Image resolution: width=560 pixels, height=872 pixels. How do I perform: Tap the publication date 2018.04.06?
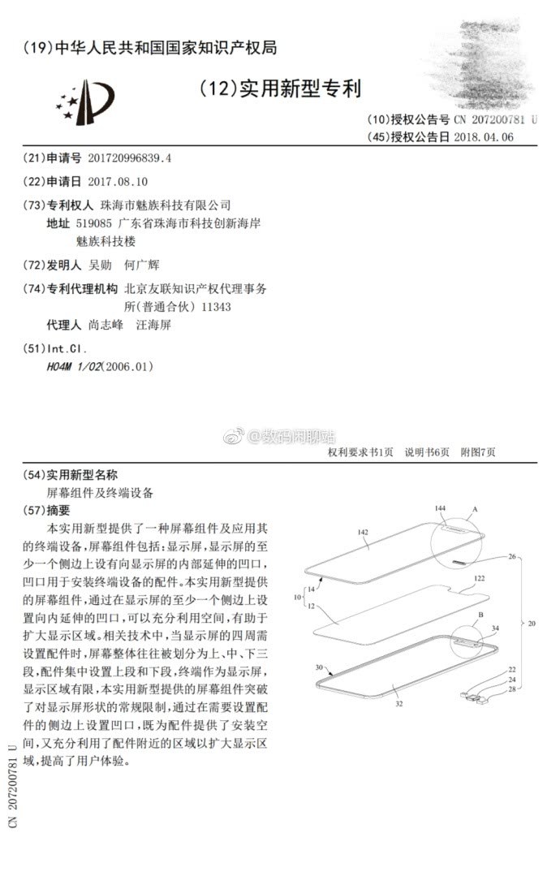pos(484,136)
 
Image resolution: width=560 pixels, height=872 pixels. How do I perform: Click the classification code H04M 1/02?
pos(75,366)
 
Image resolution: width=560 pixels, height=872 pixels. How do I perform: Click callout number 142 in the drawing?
pos(363,533)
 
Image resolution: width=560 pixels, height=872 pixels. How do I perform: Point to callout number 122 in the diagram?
pos(480,578)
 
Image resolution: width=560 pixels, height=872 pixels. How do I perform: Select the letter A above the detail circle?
pos(475,507)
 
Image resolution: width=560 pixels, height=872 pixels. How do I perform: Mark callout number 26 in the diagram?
pos(511,557)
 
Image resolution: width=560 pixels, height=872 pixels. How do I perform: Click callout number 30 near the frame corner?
pos(318,667)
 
